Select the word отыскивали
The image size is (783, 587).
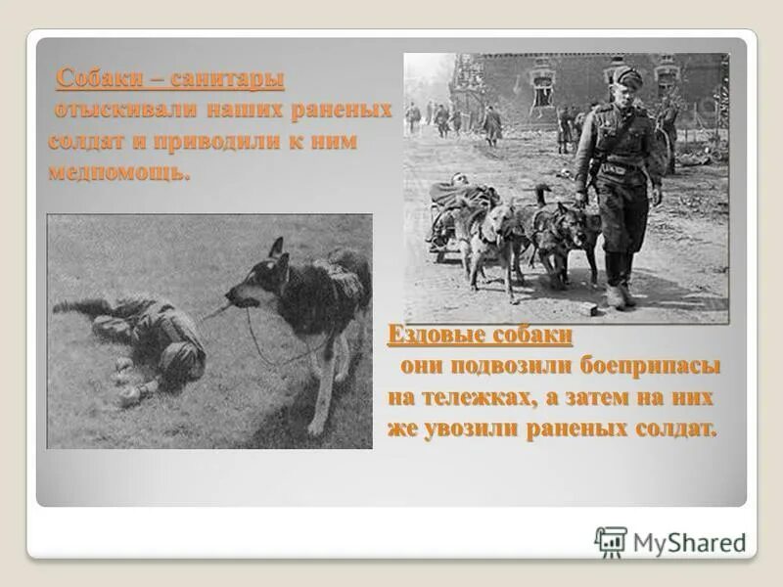point(109,109)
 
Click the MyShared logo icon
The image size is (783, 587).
point(611,541)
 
